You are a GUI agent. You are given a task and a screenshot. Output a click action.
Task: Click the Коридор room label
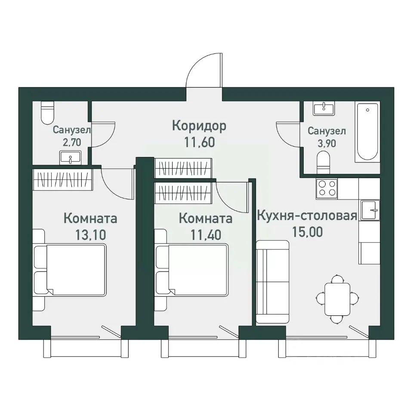pyautogui.click(x=199, y=126)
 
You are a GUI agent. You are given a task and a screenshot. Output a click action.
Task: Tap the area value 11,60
pyautogui.click(x=200, y=142)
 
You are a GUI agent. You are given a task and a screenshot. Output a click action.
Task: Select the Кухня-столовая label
pyautogui.click(x=307, y=216)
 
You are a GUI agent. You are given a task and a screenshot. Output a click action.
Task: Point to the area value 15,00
pyautogui.click(x=307, y=232)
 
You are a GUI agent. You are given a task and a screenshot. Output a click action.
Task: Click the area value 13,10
pyautogui.click(x=91, y=235)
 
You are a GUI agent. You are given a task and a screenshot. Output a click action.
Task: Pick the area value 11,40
pyautogui.click(x=206, y=235)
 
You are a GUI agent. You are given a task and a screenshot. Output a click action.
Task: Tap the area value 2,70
pyautogui.click(x=72, y=142)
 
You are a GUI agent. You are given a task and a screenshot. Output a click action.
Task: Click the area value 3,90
pyautogui.click(x=327, y=143)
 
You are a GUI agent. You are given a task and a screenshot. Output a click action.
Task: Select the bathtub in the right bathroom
pyautogui.click(x=367, y=132)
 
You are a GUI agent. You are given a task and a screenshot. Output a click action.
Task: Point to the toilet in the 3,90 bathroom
pyautogui.click(x=324, y=163)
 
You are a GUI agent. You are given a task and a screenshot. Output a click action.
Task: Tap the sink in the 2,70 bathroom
pyautogui.click(x=70, y=157)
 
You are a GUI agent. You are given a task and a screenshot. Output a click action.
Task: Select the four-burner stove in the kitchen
pyautogui.click(x=327, y=188)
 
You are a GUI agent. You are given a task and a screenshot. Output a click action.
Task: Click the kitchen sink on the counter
pyautogui.click(x=370, y=210)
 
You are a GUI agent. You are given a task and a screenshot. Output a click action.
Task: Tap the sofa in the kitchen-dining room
pyautogui.click(x=273, y=281)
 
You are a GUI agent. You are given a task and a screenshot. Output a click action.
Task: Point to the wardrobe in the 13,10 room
pyautogui.click(x=63, y=179)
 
